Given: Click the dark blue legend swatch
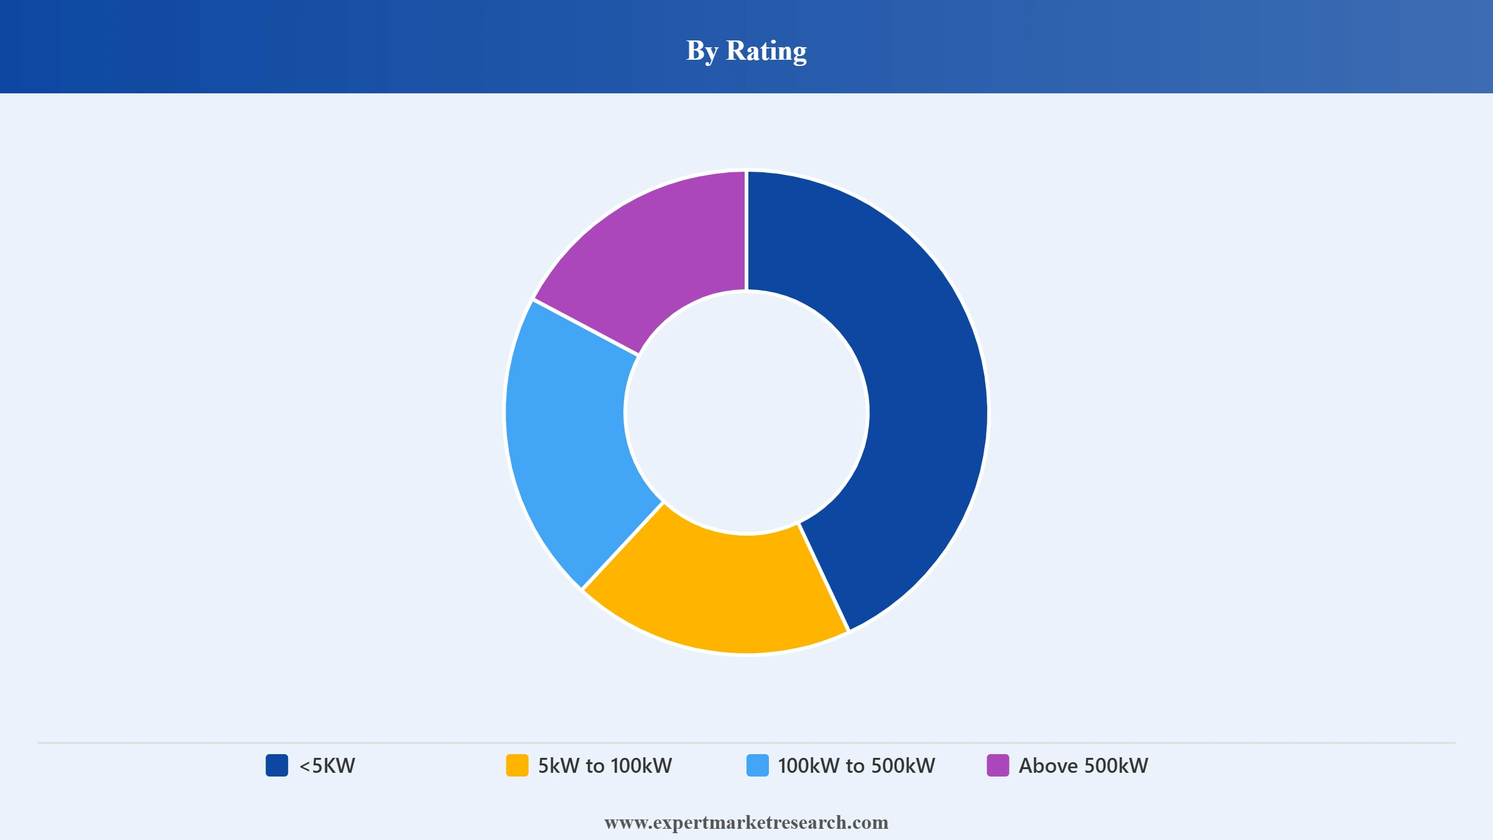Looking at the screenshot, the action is (277, 765).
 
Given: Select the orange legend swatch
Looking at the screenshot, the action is (517, 765).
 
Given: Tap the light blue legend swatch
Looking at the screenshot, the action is (758, 765).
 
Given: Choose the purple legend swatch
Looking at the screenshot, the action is (998, 765).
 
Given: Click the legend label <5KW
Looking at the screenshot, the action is (327, 765).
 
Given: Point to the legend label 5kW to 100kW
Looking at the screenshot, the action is (605, 765).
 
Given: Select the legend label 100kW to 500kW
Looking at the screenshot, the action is (857, 765).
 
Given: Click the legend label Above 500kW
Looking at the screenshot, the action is (1084, 765).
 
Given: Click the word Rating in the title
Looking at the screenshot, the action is (766, 51).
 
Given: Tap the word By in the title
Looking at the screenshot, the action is (702, 51).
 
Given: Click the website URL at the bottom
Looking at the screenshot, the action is (746, 823).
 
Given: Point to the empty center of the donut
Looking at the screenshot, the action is (746, 413).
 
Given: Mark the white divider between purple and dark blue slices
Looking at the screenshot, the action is (746, 231).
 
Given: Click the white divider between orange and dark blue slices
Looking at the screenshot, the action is (824, 577).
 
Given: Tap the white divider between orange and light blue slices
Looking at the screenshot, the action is (623, 546).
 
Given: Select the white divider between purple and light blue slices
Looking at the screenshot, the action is (586, 327).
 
